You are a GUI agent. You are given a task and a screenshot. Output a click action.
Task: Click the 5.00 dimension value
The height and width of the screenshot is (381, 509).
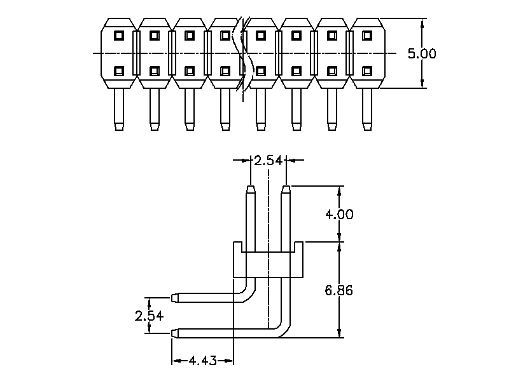coord(422,54)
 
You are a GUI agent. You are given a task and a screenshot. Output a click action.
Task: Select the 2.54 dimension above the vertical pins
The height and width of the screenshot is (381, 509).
coord(268,161)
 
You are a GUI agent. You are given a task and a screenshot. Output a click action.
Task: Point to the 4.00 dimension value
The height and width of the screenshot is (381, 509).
coord(339,214)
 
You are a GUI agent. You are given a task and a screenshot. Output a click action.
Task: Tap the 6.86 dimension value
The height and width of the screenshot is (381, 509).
coord(339,290)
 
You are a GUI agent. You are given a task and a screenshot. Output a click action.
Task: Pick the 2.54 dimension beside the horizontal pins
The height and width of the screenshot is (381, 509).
coord(149,316)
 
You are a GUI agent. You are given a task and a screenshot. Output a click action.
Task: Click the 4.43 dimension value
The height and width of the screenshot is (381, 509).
coord(202,361)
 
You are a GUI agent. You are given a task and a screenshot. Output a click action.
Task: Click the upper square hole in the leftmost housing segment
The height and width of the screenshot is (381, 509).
coord(118,36)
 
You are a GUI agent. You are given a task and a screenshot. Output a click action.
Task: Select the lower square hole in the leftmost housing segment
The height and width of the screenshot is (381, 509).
coord(118,70)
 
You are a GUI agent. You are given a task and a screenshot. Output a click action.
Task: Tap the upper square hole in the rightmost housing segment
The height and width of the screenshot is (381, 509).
coord(366,36)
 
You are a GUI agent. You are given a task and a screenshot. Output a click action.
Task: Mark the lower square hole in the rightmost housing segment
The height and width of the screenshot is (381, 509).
coord(366,70)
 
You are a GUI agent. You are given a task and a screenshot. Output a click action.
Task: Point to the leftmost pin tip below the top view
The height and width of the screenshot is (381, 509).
coord(118,126)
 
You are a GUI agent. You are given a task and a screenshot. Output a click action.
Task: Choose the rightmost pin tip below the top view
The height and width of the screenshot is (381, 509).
coord(366,126)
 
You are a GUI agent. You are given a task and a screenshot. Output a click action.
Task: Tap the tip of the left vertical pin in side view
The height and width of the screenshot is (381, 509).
coord(251,188)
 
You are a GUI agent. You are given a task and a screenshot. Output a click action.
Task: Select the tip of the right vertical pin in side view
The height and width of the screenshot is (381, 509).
coord(286,188)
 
